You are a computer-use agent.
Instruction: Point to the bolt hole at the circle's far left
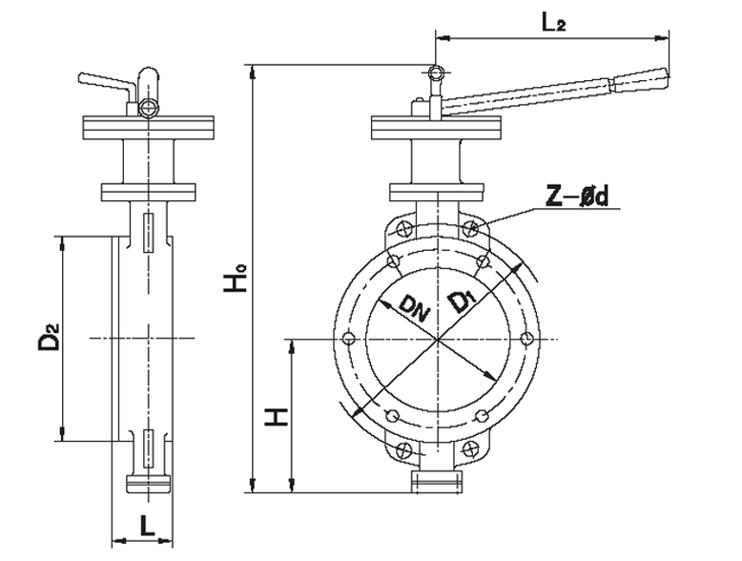coord(348,338)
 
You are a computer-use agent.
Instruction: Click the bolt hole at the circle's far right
coord(526,338)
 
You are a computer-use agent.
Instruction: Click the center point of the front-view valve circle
coord(437,338)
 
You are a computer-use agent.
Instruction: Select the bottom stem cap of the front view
coord(437,482)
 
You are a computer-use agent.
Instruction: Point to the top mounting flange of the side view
coord(148,126)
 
